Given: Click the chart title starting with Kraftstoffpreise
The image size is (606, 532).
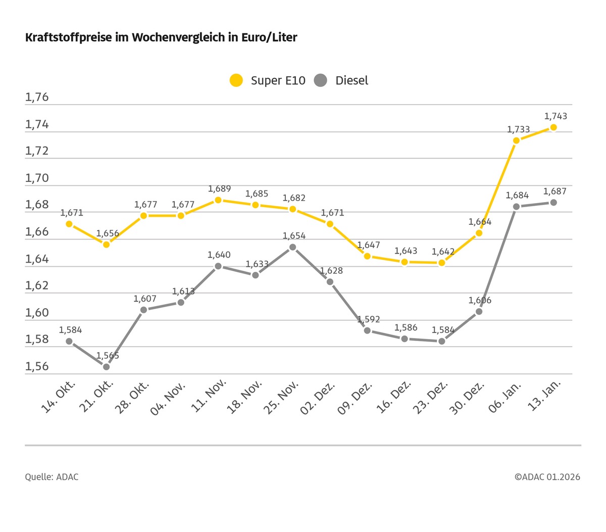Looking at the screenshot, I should click(161, 37).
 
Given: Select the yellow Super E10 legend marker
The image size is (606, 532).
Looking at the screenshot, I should click(236, 80).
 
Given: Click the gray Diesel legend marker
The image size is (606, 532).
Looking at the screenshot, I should click(321, 80).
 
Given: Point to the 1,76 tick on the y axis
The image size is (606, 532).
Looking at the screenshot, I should click(37, 97).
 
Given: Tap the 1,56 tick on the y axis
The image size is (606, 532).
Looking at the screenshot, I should click(37, 366).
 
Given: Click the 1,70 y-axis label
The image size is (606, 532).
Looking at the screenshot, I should click(37, 178).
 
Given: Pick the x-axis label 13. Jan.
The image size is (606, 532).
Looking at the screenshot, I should click(544, 397).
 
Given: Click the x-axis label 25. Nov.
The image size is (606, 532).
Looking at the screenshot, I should click(282, 398).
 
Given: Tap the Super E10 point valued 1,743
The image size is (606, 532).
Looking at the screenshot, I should click(553, 127).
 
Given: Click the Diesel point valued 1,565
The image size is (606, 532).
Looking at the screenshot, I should click(106, 366).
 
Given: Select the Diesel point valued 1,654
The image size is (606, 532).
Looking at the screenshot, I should click(292, 247).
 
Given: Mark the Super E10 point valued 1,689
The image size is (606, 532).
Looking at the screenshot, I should click(218, 200).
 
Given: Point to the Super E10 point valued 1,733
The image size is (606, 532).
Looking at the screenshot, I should click(516, 140).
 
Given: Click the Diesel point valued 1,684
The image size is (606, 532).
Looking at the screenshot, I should click(516, 207).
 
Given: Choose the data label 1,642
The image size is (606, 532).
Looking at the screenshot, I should click(443, 252).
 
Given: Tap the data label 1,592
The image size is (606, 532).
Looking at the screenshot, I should click(369, 319).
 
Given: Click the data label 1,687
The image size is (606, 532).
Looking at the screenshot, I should click(554, 191).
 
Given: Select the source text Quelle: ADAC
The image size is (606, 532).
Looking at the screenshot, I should click(52, 477).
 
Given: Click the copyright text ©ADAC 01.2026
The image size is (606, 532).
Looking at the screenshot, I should click(547, 477).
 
